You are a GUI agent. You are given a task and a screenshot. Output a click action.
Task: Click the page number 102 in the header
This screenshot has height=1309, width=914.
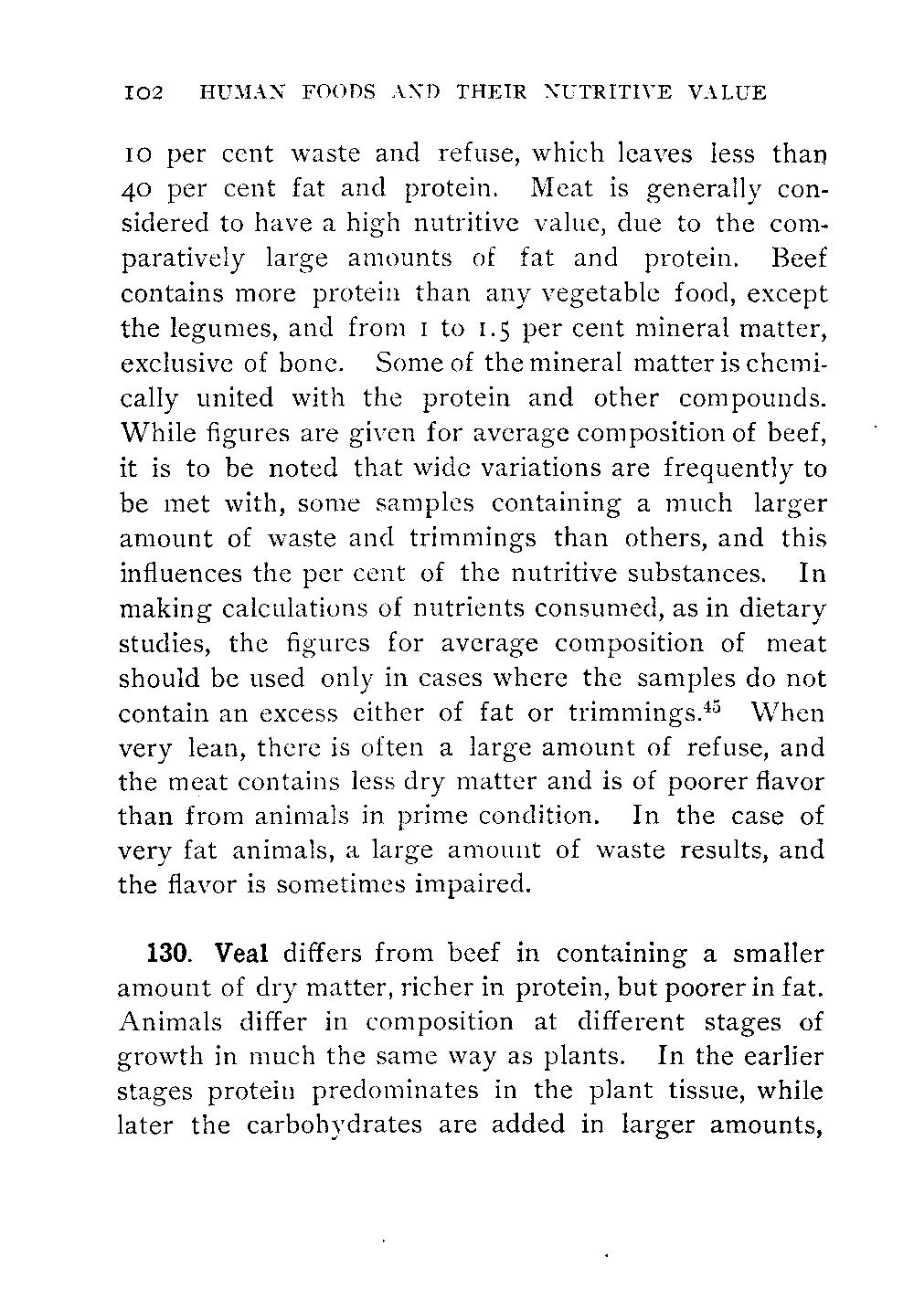coord(141,94)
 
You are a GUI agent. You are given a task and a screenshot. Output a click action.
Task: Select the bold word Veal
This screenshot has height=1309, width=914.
coord(240,955)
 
